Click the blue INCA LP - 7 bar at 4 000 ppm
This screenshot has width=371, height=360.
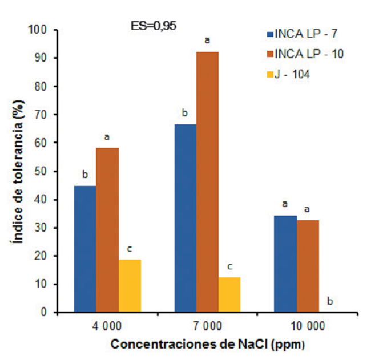tap(84, 249)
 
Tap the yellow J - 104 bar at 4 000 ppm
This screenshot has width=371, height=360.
tap(130, 286)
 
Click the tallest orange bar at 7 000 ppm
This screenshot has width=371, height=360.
tap(207, 182)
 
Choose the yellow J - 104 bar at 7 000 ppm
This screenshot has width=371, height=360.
tap(229, 294)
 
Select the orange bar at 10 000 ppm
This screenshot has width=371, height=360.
tap(308, 266)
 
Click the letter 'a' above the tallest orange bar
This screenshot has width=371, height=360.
tap(207, 41)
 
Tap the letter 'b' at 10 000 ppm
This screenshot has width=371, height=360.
tap(329, 301)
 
